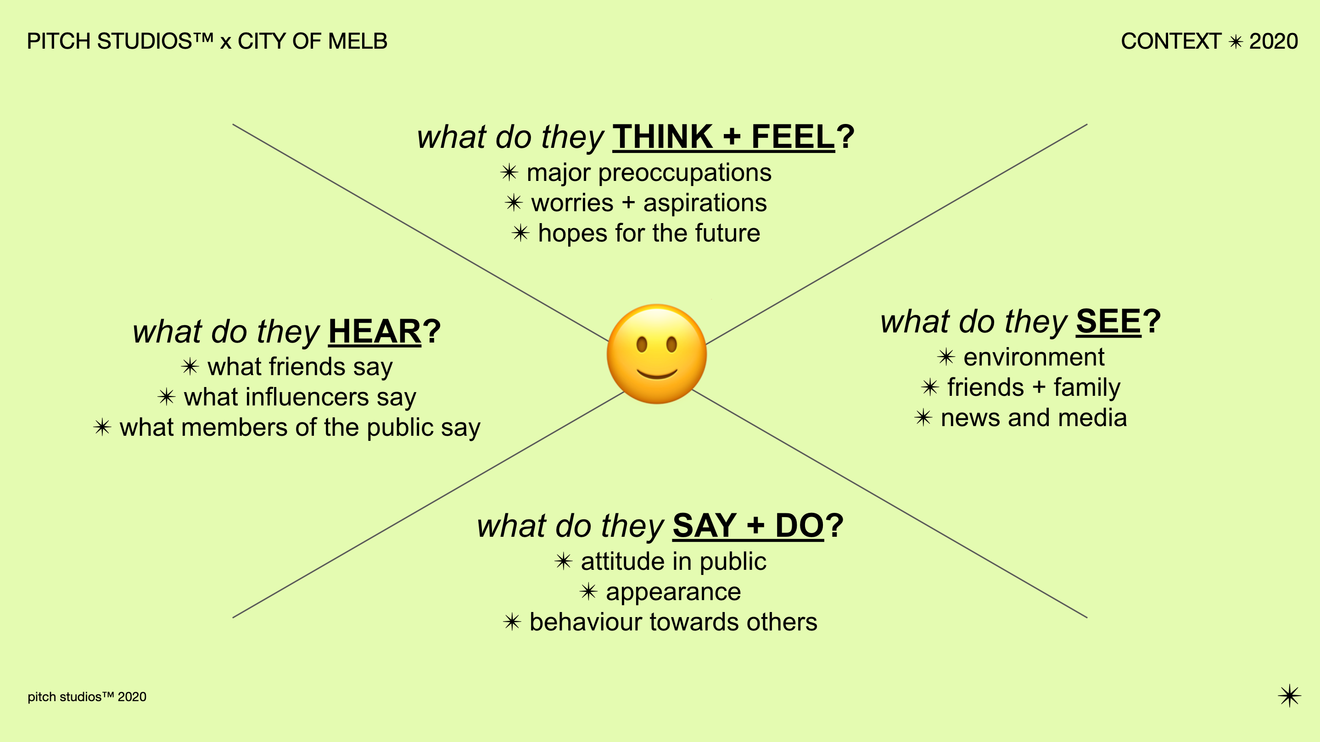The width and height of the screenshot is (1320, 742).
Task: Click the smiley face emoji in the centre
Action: (656, 354)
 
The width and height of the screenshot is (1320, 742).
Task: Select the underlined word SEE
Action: (1108, 321)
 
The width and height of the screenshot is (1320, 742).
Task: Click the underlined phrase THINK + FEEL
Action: (723, 137)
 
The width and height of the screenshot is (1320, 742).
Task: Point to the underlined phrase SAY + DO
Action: (748, 526)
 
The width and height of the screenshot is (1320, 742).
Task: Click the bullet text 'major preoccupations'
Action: (649, 172)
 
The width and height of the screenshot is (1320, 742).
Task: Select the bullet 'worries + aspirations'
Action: (649, 202)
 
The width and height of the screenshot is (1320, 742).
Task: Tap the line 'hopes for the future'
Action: (649, 233)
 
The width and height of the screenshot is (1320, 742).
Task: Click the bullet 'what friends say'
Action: (300, 367)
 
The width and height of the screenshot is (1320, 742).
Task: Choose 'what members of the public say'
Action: (300, 427)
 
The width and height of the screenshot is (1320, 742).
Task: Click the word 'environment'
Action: (1034, 357)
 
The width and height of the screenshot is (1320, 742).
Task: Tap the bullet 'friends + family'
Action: (1034, 387)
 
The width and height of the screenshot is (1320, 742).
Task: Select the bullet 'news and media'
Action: (1034, 417)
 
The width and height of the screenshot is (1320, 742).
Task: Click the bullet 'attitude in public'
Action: (673, 561)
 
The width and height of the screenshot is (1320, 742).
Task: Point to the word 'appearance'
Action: (673, 592)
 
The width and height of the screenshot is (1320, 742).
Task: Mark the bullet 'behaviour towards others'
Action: (673, 622)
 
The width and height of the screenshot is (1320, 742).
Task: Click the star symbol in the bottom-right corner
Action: (1289, 696)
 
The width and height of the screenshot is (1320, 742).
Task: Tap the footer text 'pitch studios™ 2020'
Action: (87, 697)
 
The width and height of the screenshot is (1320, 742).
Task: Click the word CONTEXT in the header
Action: (1171, 41)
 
